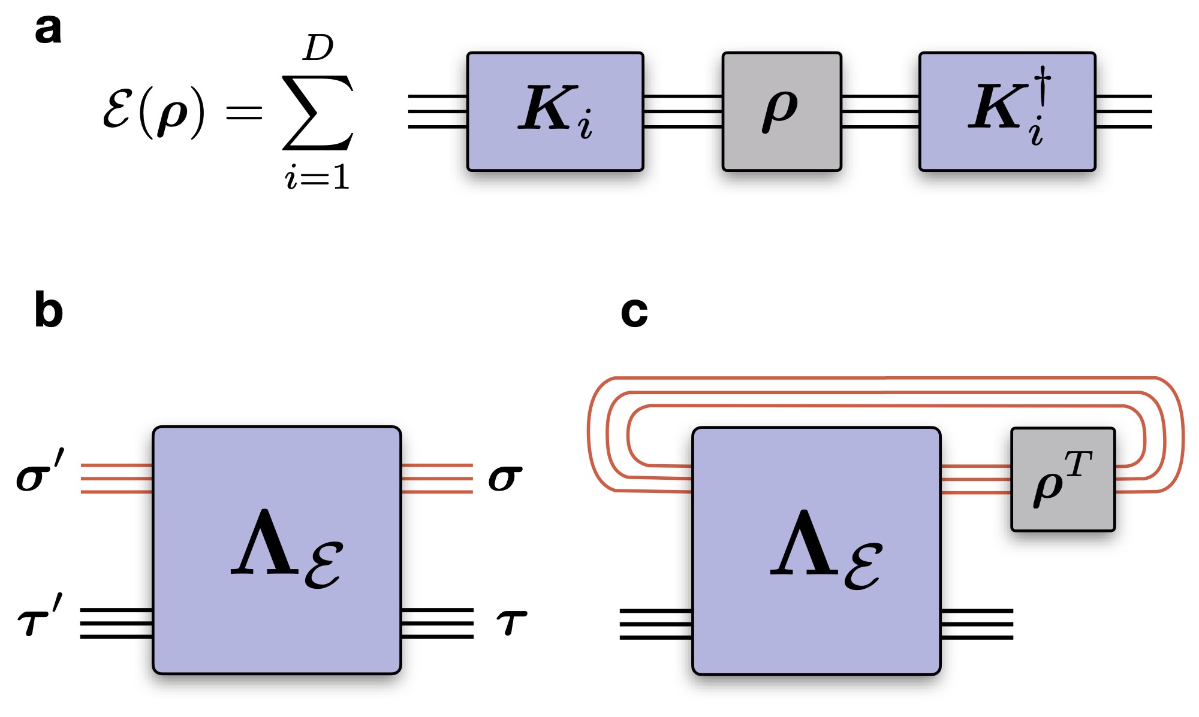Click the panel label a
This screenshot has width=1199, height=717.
tap(48, 30)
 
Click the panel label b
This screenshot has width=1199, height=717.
tap(49, 310)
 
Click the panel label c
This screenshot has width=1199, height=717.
tap(634, 311)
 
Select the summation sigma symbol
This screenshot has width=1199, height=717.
tap(318, 112)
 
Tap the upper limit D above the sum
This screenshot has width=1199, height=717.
tap(318, 48)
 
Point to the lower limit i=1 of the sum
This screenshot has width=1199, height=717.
tap(317, 178)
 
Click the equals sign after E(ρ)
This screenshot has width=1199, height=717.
tap(244, 112)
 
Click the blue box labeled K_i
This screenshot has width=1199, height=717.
tap(555, 111)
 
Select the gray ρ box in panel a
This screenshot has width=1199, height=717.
tap(782, 111)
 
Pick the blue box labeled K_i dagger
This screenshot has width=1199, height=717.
tap(1007, 111)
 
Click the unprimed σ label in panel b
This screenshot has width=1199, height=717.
tap(505, 479)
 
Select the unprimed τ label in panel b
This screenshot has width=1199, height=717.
tap(511, 622)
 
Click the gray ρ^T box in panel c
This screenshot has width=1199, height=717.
tap(1062, 479)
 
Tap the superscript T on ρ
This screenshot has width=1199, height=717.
tap(1079, 464)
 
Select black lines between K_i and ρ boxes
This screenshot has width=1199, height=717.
tap(683, 111)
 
